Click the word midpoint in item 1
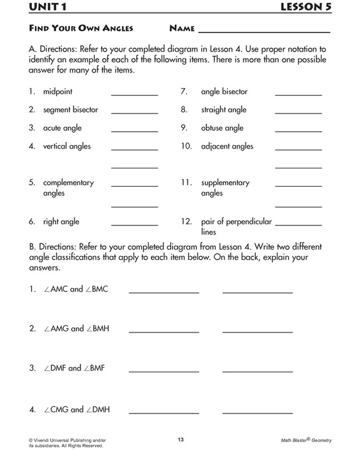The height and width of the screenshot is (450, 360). pos(58,91)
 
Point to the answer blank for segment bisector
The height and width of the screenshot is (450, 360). pos(134,113)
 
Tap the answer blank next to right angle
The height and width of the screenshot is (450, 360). pos(134,225)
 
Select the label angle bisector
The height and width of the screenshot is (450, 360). pos(224,91)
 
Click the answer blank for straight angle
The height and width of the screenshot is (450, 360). pos(298,113)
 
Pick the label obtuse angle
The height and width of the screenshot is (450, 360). pos(222,128)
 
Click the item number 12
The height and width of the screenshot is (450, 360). pos(186,222)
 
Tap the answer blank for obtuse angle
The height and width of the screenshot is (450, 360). pos(298,131)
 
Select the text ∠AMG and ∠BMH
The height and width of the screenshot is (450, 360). pos(76,329)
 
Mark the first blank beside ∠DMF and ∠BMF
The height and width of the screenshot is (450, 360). pos(164,372)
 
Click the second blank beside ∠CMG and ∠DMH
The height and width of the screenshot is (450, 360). pos(257,413)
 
